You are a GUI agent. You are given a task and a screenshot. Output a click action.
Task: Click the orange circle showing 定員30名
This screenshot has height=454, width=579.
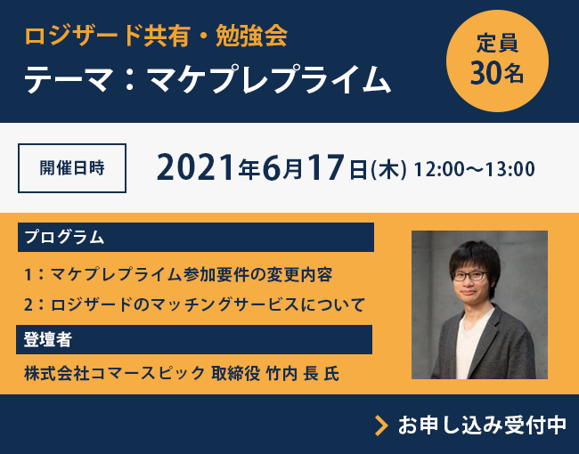coord(497,61)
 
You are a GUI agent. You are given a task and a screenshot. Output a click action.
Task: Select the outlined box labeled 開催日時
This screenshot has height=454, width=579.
coord(72,167)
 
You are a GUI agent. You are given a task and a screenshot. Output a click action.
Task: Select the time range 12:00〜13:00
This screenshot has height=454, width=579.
coord(474,168)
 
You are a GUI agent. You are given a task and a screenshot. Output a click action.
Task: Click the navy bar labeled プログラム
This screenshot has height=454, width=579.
coord(195,238)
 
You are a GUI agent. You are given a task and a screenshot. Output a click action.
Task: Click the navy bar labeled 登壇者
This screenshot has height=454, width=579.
coord(195,339)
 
